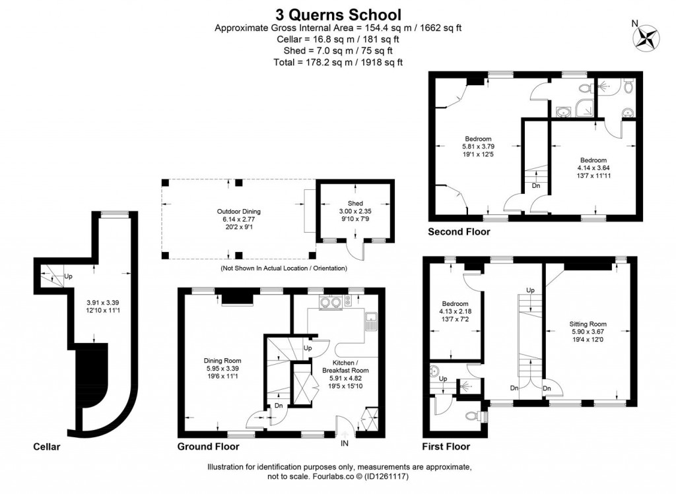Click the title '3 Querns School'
pyautogui.click(x=337, y=14)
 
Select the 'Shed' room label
pyautogui.click(x=355, y=203)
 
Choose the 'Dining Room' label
pyautogui.click(x=222, y=361)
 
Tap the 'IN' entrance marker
pyautogui.click(x=345, y=443)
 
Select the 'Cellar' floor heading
pyautogui.click(x=46, y=447)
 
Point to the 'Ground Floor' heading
pyautogui.click(x=208, y=447)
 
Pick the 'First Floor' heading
pyautogui.click(x=447, y=447)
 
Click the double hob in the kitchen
pyautogui.click(x=330, y=303)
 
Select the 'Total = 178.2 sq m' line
pyautogui.click(x=337, y=62)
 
